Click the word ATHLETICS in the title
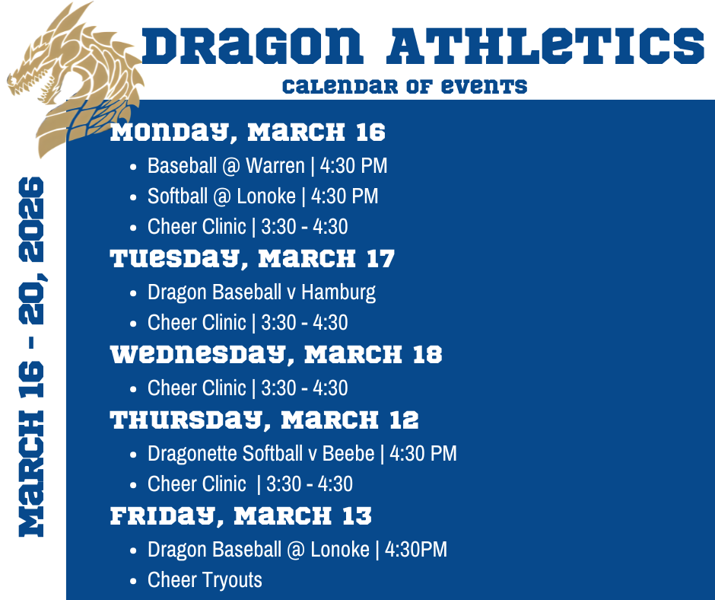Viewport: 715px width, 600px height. point(545,46)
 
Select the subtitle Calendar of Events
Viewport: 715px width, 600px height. point(404,85)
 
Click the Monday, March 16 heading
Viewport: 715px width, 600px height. point(248,132)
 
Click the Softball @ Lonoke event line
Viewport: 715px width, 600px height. point(262,196)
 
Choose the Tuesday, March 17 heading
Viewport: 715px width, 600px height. point(253,259)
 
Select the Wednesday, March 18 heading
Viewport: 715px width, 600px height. point(276,355)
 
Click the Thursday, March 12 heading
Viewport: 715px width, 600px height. point(265,420)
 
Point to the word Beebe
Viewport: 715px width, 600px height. point(348,454)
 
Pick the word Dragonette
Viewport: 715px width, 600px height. point(192,454)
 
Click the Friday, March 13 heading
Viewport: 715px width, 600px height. point(241,515)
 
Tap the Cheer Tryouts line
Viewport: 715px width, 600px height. point(205,580)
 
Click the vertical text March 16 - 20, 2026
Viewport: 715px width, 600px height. point(31,356)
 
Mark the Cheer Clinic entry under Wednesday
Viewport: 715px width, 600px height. point(247,388)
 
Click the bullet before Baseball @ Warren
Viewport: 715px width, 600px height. point(134,166)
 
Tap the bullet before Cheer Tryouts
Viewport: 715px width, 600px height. point(134,581)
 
